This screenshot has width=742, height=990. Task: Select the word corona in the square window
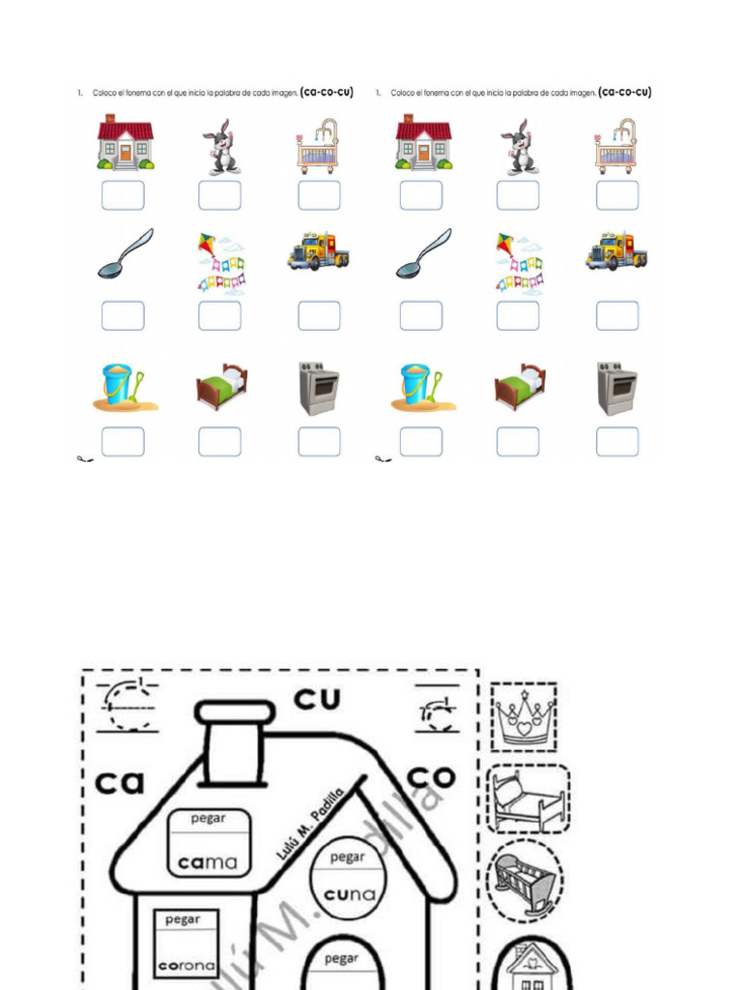(185, 965)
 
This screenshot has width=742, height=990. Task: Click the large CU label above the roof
(318, 699)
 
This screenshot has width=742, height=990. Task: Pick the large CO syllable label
(431, 775)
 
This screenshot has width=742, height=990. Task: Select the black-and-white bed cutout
(528, 799)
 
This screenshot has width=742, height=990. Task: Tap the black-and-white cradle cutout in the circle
(525, 881)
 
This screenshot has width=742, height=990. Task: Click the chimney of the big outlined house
(235, 744)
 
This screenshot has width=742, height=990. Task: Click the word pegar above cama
(208, 819)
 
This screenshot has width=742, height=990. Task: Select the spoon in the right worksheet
(423, 253)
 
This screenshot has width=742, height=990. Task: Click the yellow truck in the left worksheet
(318, 251)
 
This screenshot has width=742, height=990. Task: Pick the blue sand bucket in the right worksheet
(417, 385)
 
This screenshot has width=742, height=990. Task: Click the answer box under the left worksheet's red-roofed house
(123, 195)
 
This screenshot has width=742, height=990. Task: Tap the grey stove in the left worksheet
(318, 389)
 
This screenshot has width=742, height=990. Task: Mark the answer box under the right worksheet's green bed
(518, 442)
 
